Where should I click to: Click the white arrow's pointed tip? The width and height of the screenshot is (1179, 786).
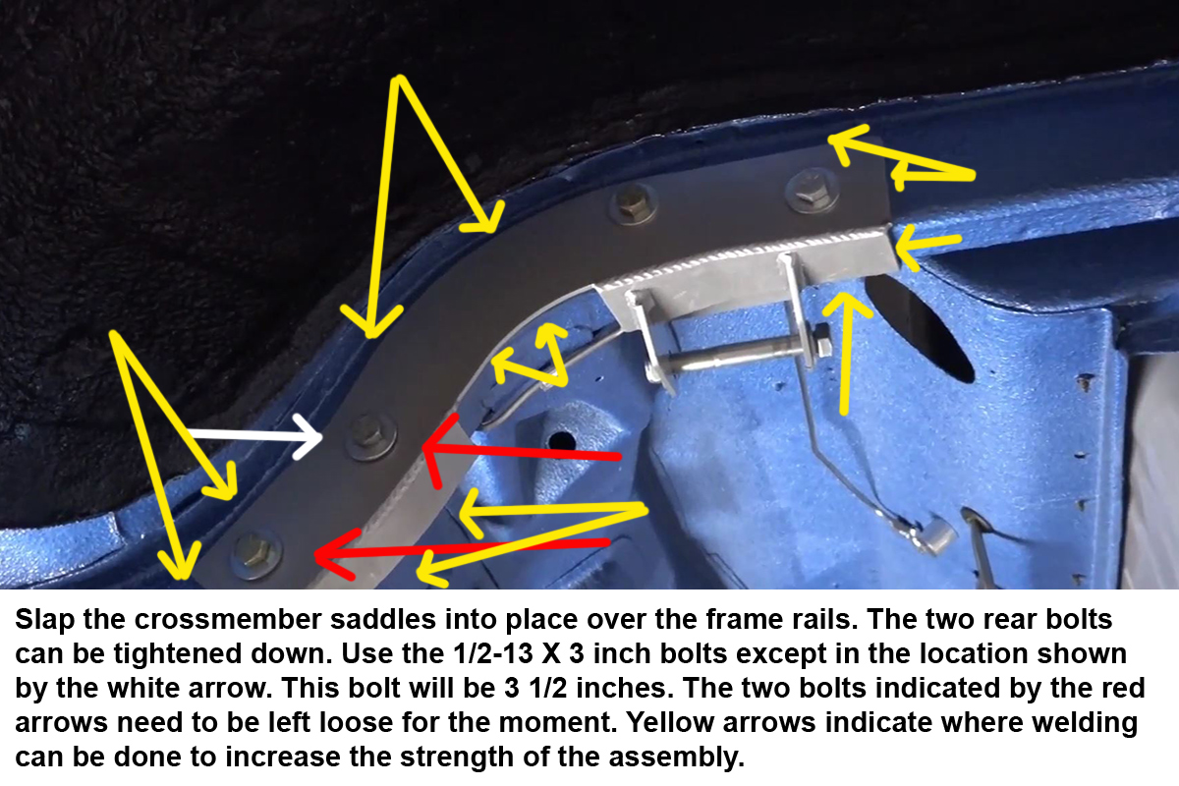[x=320, y=436]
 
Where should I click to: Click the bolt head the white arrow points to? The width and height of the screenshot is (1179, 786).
[x=371, y=435]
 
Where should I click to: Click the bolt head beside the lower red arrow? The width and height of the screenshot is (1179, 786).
[x=256, y=553]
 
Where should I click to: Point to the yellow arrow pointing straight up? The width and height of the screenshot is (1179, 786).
[x=845, y=354]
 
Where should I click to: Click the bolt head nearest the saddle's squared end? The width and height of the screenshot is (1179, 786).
[x=812, y=191]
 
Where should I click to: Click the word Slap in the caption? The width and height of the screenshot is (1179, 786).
[x=45, y=620]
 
